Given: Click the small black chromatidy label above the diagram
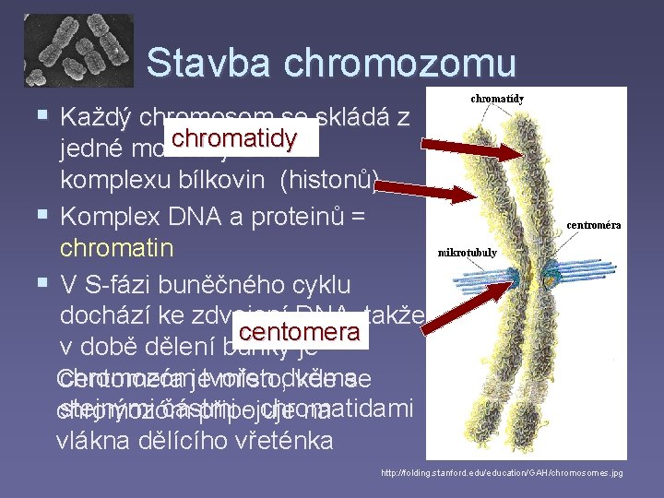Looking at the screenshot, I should click(498, 98).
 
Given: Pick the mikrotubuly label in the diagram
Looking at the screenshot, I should click(468, 252).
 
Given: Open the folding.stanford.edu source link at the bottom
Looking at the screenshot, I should click(502, 473).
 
